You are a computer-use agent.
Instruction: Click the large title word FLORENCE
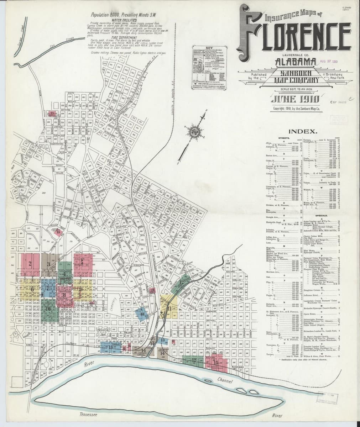296,34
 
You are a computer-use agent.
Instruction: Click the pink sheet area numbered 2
30,263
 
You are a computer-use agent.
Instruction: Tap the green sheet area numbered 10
49,308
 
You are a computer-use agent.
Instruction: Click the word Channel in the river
225,381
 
